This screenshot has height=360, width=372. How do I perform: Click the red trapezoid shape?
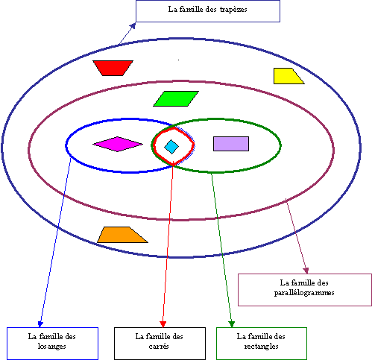coord(113,68)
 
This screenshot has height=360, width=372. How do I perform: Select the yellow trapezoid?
coord(288,76)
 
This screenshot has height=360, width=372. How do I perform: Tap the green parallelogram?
coord(176,98)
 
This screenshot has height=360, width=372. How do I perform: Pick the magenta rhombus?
coord(118,144)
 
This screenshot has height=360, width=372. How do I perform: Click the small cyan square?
coord(171,147)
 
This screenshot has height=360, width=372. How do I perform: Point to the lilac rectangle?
coord(231,144)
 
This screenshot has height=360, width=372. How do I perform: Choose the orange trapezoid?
coord(122,235)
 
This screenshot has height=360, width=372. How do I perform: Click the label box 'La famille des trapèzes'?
coord(208,11)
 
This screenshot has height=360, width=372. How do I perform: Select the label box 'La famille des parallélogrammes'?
coord(305,290)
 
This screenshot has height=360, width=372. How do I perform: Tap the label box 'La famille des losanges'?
coord(52,344)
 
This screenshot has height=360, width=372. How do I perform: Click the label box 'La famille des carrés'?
coord(160,344)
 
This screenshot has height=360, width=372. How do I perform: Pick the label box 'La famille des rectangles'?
coord(262,344)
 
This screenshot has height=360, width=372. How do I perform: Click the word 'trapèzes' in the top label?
coord(233,10)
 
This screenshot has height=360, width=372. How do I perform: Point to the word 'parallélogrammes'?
coord(304,293)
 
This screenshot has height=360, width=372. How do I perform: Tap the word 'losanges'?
coord(52,347)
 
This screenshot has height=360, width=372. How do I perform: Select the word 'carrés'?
coord(159,346)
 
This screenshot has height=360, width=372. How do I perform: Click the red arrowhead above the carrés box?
coord(163,324)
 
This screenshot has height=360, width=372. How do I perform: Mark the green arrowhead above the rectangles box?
coord(231,324)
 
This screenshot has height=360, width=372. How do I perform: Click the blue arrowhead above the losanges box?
coord(40,324)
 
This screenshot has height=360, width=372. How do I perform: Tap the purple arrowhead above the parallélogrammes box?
coord(306,271)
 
